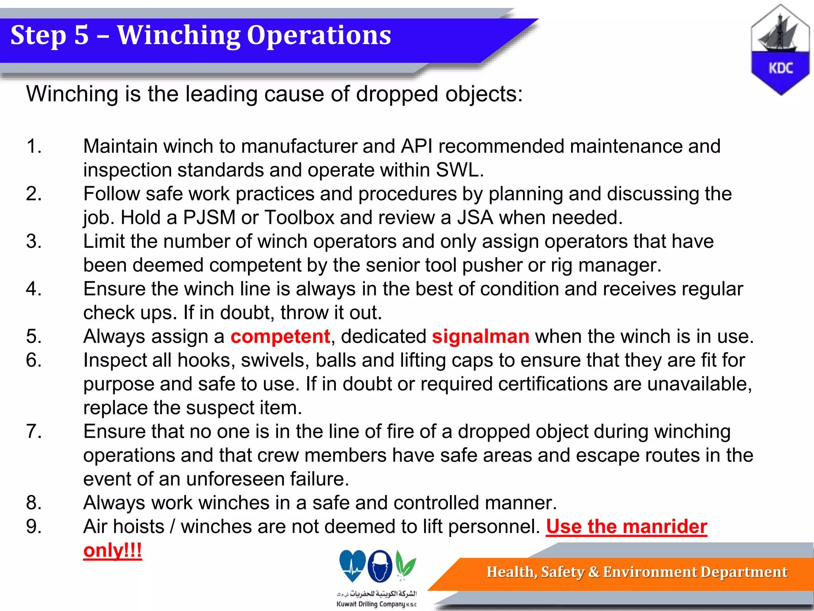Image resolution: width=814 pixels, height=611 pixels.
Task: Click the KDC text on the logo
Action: pyautogui.click(x=780, y=68)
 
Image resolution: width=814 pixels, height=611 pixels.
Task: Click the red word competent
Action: pyautogui.click(x=280, y=337)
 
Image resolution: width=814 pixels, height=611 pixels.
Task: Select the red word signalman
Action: pyautogui.click(x=481, y=337)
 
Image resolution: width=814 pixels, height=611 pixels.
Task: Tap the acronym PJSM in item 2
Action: pyautogui.click(x=209, y=218)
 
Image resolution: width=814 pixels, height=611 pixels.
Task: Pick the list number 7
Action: pyautogui.click(x=34, y=432)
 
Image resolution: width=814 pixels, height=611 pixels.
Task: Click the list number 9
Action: pyautogui.click(x=34, y=527)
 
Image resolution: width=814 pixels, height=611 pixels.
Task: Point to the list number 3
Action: pyautogui.click(x=34, y=241)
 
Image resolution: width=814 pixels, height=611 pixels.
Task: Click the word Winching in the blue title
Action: pyautogui.click(x=178, y=36)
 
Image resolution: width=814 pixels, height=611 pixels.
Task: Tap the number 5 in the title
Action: pyautogui.click(x=81, y=36)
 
